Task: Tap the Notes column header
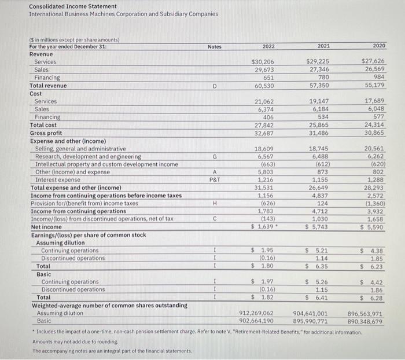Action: pos(214,46)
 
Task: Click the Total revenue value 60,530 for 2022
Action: pos(264,86)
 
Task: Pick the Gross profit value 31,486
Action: pos(318,133)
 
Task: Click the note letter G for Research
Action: pos(214,156)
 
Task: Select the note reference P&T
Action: pos(214,180)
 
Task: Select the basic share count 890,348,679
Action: pos(365,321)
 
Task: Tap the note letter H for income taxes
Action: pos(214,203)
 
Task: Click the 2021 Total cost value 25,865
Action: pos(318,124)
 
